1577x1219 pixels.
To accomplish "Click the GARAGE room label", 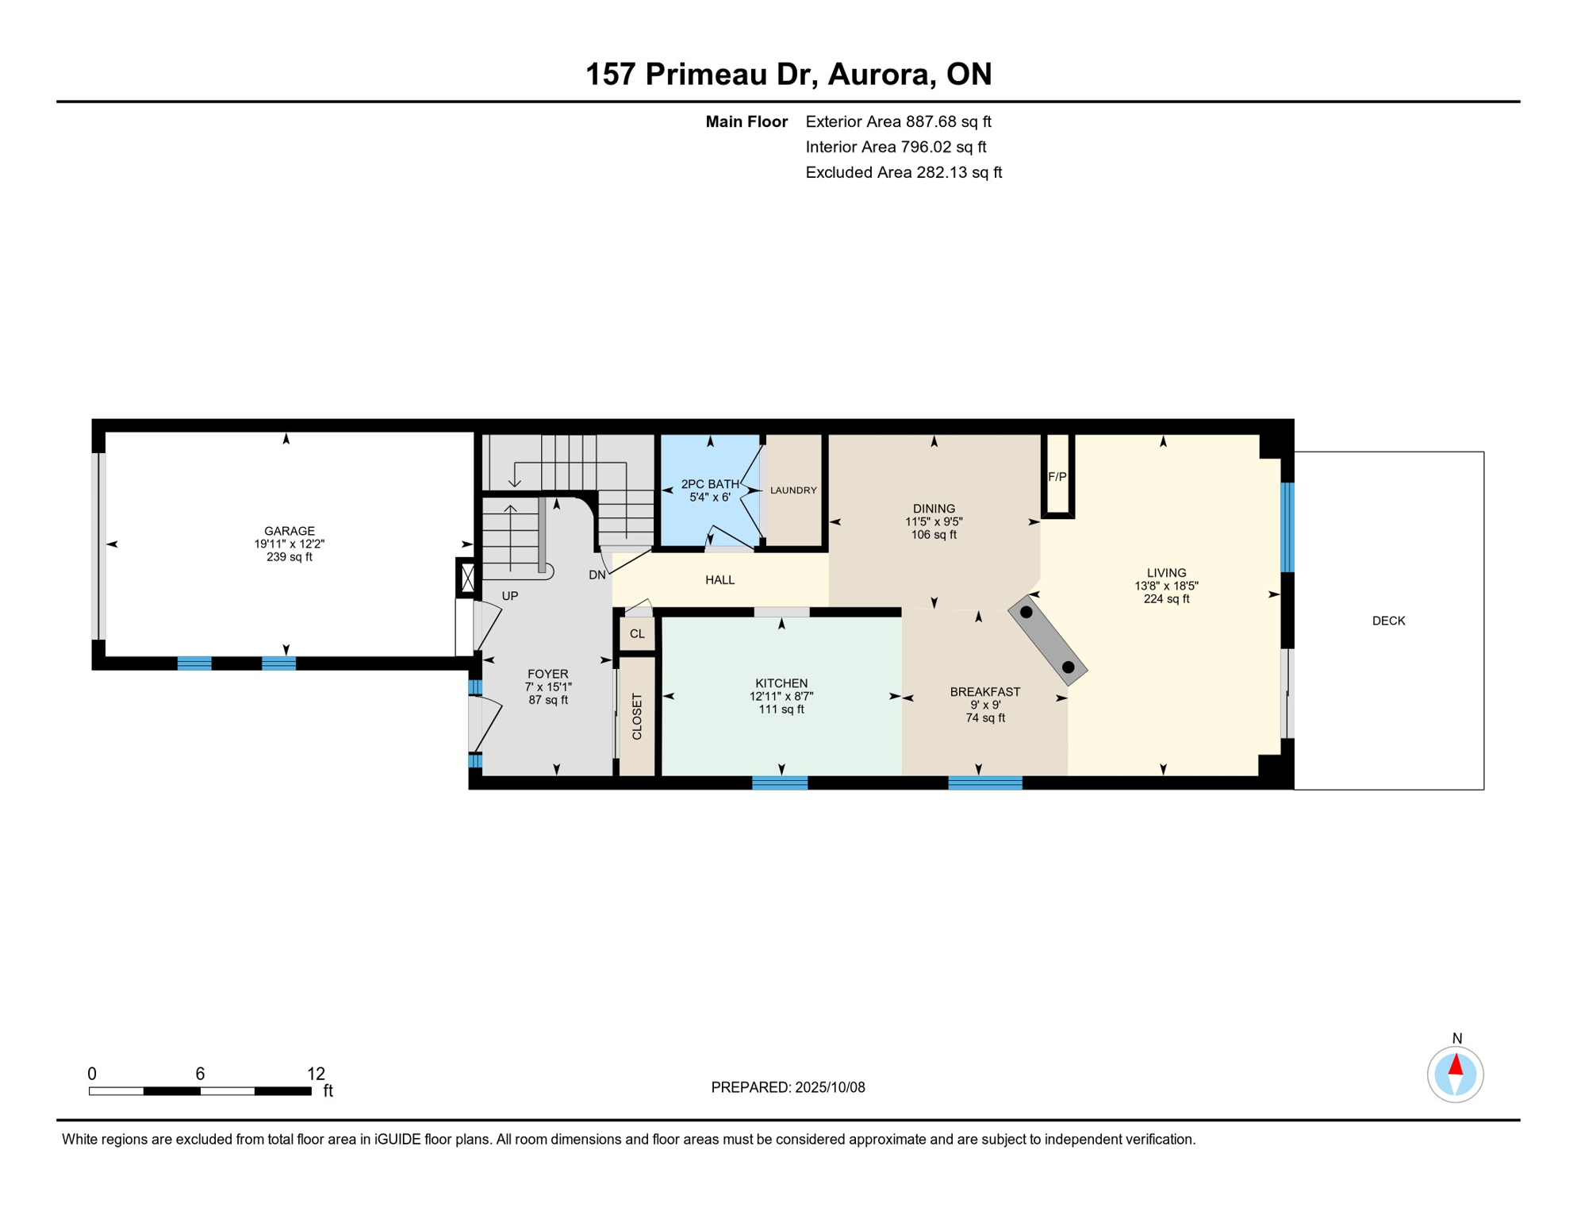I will (x=289, y=531).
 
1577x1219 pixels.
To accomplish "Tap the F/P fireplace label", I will (x=1057, y=477).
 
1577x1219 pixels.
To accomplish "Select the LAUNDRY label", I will (x=793, y=490).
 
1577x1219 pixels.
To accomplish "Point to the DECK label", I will (x=1388, y=621).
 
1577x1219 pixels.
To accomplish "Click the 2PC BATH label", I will (x=710, y=484).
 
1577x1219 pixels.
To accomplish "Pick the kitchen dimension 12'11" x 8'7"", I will (x=781, y=696).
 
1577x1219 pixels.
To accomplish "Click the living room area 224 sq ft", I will (x=1166, y=599).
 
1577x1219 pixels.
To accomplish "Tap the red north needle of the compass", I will (x=1456, y=1065).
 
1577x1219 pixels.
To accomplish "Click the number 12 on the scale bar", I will (x=316, y=1074).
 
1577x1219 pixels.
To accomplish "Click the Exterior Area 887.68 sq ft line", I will (x=898, y=121).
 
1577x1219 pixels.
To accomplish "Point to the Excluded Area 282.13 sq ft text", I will (x=904, y=172).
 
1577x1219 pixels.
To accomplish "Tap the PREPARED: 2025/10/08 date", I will (x=788, y=1087).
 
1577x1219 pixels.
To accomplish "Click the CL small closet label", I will (x=637, y=634).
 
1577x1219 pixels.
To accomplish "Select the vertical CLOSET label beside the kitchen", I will (x=637, y=717).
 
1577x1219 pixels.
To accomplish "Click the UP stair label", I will (x=510, y=596).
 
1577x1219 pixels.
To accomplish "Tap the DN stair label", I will (x=597, y=575).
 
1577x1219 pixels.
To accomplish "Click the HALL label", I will (x=719, y=580).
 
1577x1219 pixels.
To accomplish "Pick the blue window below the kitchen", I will (x=780, y=783).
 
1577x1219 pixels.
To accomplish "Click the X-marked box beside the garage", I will (x=467, y=577).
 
